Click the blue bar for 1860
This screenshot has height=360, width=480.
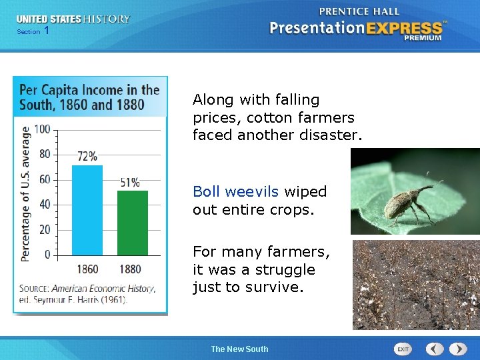[87, 210]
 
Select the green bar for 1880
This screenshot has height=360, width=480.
[132, 223]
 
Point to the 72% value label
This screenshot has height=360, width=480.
[87, 157]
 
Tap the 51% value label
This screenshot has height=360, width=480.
[130, 182]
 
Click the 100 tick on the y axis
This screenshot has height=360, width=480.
[42, 129]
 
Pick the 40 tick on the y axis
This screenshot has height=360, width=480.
[44, 205]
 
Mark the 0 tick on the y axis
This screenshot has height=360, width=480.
[47, 255]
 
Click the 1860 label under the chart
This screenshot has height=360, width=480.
[87, 269]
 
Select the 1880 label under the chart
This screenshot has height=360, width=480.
[130, 269]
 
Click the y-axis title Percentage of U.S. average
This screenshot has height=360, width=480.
[26, 193]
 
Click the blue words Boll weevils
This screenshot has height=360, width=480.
[235, 192]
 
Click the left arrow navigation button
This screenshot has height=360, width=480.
[435, 349]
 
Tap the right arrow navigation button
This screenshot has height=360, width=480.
[458, 349]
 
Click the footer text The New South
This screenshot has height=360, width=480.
[239, 349]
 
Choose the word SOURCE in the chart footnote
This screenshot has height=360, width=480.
[33, 289]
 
